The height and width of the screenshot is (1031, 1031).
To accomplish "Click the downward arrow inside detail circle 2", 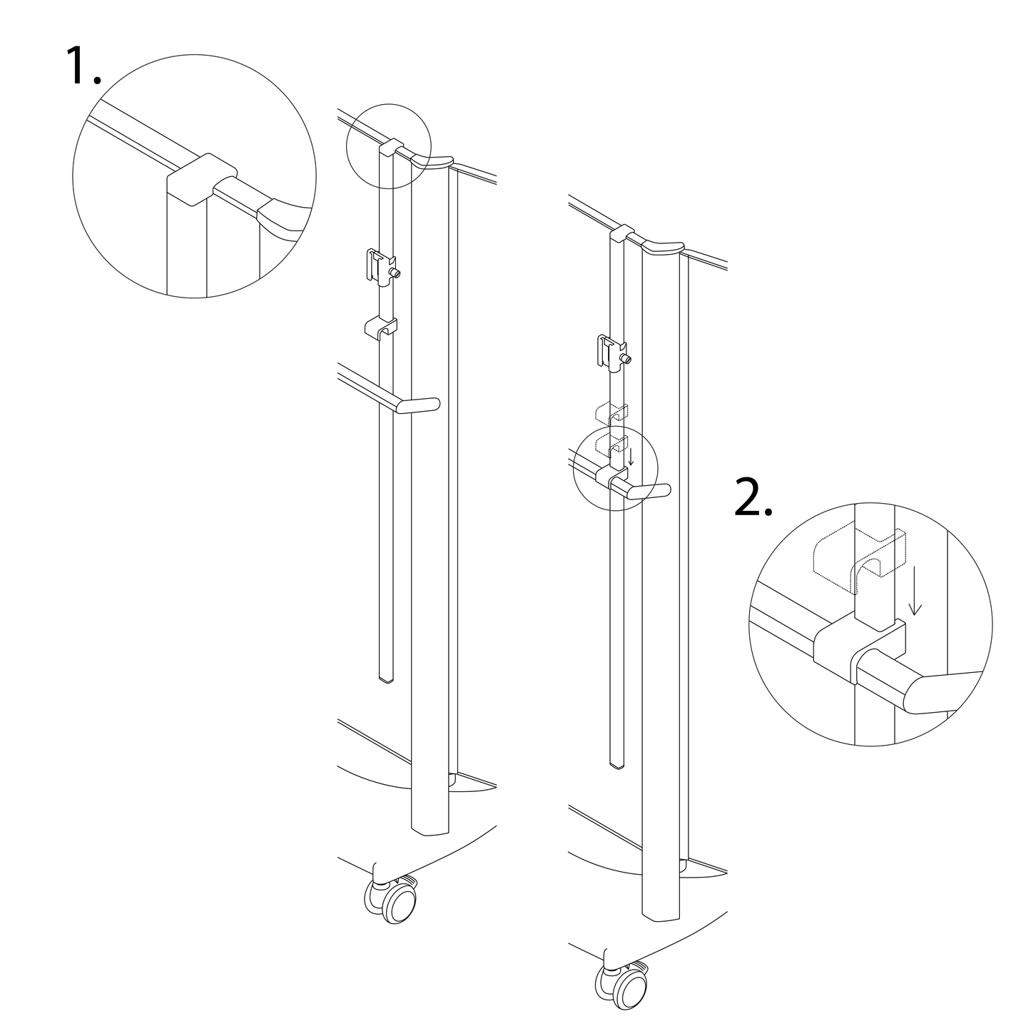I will pyautogui.click(x=916, y=596).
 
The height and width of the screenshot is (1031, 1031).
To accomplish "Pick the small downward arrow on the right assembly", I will pyautogui.click(x=631, y=457).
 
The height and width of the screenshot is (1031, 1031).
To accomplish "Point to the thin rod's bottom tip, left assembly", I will pyautogui.click(x=385, y=679).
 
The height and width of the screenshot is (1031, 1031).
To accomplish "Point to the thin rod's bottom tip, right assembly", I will pyautogui.click(x=617, y=765).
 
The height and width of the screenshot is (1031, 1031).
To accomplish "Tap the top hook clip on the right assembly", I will pyautogui.click(x=621, y=233).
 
